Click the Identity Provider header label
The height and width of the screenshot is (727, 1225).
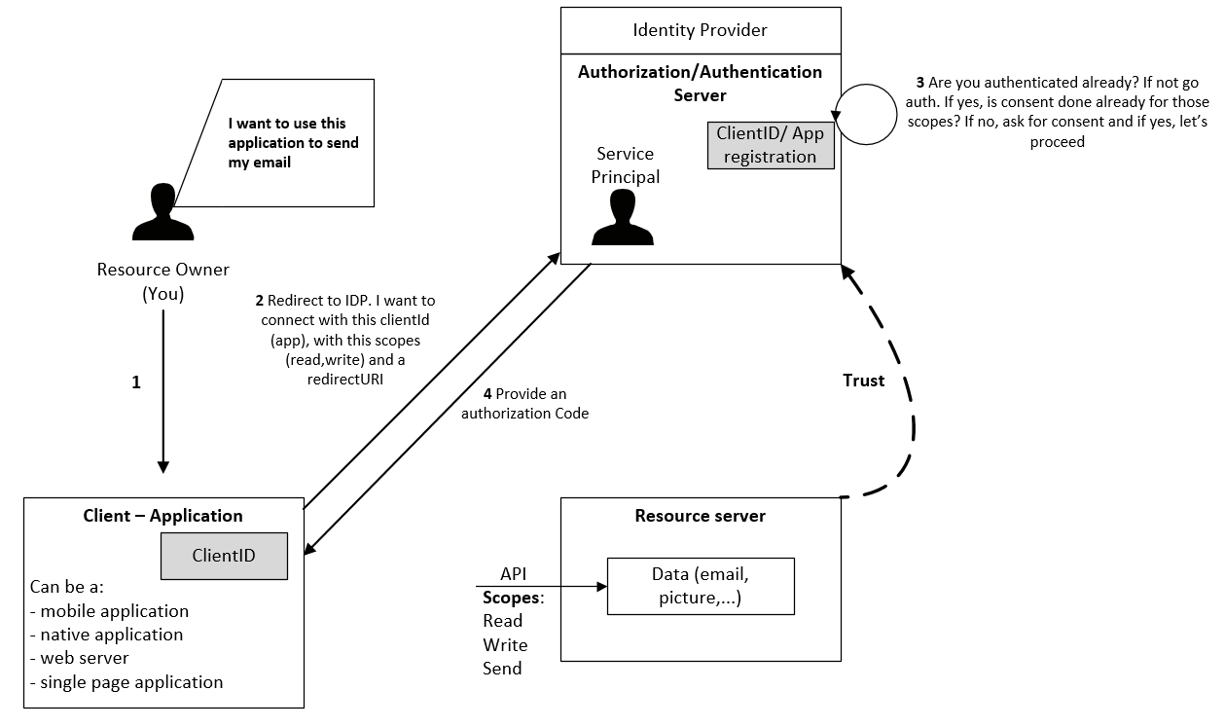coord(700,30)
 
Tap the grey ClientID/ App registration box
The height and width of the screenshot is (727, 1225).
coord(771,145)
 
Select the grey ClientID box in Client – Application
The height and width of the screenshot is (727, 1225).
coord(224,556)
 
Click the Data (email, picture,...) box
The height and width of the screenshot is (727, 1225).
coord(701,586)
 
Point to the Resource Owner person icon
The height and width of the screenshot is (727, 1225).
coord(162,212)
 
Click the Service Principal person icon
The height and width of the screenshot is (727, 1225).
coord(623,217)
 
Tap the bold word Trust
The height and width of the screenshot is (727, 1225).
coord(863,381)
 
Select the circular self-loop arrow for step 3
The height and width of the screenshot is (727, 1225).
coord(896,115)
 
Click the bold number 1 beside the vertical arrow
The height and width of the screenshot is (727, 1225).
coord(136,382)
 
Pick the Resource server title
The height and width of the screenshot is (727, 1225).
coord(700,516)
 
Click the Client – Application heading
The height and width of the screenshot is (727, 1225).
coord(162,516)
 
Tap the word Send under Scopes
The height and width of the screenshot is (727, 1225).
coord(502,668)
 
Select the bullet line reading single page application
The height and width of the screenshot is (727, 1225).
coord(126,682)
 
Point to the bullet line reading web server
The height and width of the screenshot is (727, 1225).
coord(79,658)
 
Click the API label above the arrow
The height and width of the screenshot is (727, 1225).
coord(513,574)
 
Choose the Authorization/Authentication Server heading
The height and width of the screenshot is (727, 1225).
coord(700,83)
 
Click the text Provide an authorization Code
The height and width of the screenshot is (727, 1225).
coord(525,403)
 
